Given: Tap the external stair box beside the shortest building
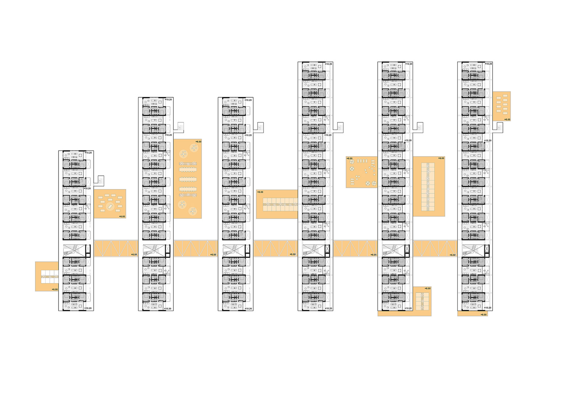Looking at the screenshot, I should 99,181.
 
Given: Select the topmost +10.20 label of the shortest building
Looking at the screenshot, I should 88,153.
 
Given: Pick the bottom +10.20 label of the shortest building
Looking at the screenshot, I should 88,308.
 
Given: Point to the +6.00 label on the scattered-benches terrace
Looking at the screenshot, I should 122,217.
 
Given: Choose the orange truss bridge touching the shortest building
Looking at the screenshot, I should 116,248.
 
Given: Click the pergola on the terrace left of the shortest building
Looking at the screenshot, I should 49,276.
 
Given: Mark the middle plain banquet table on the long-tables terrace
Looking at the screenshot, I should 188,179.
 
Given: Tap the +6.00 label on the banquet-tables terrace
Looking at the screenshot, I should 198,142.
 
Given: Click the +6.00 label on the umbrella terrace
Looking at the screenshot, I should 349,158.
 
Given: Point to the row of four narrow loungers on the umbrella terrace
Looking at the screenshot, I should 362,161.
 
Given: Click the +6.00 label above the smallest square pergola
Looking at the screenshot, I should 427,289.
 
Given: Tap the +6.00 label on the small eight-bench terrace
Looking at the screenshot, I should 507,119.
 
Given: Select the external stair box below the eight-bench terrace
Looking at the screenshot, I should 499,128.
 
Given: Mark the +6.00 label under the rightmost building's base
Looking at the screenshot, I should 483,314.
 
